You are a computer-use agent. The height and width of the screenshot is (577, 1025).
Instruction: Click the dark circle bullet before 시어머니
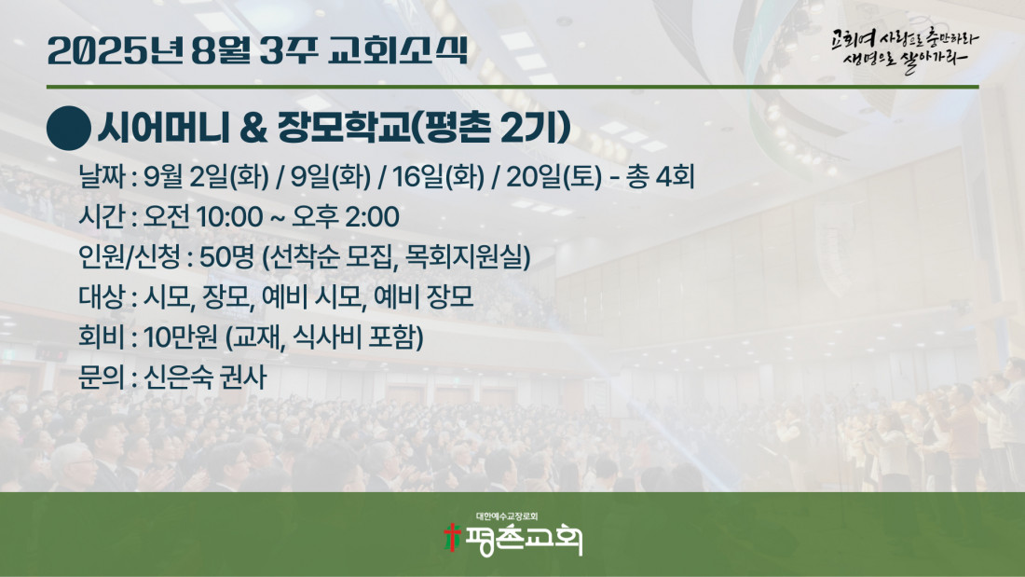pos(69,129)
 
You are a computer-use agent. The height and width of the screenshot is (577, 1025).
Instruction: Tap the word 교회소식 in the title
pos(399,50)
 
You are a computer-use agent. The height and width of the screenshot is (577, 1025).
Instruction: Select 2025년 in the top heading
pos(116,50)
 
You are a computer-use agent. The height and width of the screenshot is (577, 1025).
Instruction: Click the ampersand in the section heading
pos(253,128)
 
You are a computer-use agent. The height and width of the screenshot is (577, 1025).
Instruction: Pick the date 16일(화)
pos(438,176)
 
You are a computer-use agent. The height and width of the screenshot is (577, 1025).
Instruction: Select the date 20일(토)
pos(553,176)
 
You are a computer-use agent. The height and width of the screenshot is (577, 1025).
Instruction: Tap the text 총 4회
pos(660,176)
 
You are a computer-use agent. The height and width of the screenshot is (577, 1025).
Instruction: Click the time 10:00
pos(229,217)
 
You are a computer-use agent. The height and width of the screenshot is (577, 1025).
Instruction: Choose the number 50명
pos(226,257)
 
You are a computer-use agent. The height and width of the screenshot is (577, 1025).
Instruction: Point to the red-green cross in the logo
pos(452,536)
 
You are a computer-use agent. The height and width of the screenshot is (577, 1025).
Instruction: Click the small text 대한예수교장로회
pos(507,516)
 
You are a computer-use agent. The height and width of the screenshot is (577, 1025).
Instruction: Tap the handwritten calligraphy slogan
pos(904,50)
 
